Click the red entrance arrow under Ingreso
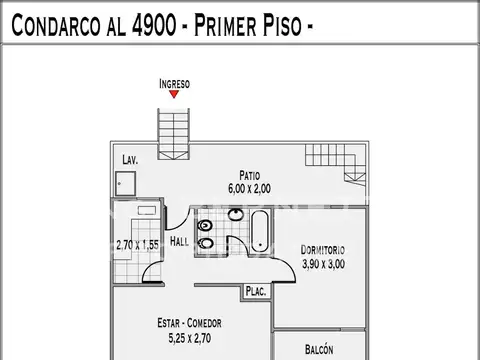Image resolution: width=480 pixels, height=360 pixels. pos(174,94)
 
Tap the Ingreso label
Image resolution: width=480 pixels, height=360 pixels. pos(174,83)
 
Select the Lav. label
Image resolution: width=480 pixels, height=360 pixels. pos(129,160)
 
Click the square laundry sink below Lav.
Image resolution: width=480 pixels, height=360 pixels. pos(123,183)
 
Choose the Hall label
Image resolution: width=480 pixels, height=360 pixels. pos(179,242)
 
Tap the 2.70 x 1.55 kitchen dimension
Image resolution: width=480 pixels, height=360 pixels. pos(138,243)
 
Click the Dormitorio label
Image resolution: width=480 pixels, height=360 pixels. pos(323,250)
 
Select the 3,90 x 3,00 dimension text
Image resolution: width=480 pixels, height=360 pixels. pos(323,264)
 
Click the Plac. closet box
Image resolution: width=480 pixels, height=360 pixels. pos(254,293)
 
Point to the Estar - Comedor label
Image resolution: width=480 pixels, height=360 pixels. pos(189,323)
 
